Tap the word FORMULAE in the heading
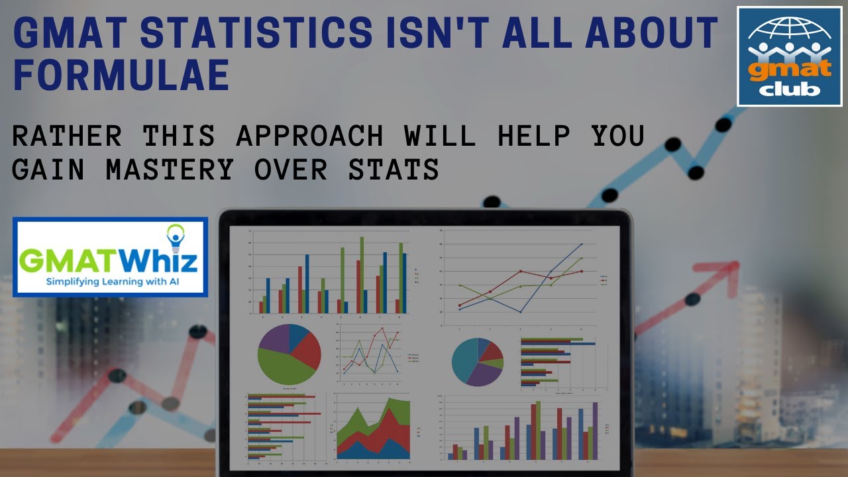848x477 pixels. click(x=121, y=75)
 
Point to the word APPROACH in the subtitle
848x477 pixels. click(x=309, y=136)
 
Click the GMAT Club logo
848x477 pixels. click(x=789, y=56)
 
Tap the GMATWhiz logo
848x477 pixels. click(x=110, y=257)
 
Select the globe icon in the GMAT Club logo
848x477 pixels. click(x=788, y=33)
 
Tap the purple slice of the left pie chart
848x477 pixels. click(x=274, y=338)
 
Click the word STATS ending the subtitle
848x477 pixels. click(x=401, y=170)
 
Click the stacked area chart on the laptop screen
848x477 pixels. click(x=373, y=429)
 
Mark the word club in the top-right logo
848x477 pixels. click(x=789, y=89)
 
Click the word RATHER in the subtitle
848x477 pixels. click(x=67, y=136)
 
